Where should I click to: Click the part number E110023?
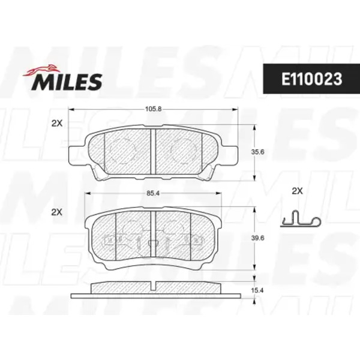[x=311, y=79]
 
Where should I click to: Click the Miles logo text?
[x=67, y=82]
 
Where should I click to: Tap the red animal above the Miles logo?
[x=41, y=70]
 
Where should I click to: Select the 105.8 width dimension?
[x=153, y=109]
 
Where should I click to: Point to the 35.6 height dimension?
[x=257, y=152]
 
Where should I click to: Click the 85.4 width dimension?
[x=153, y=194]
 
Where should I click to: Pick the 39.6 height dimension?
[x=257, y=238]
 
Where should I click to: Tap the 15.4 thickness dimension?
[x=257, y=290]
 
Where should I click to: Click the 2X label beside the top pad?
[x=57, y=124]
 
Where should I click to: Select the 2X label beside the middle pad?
[x=57, y=212]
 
